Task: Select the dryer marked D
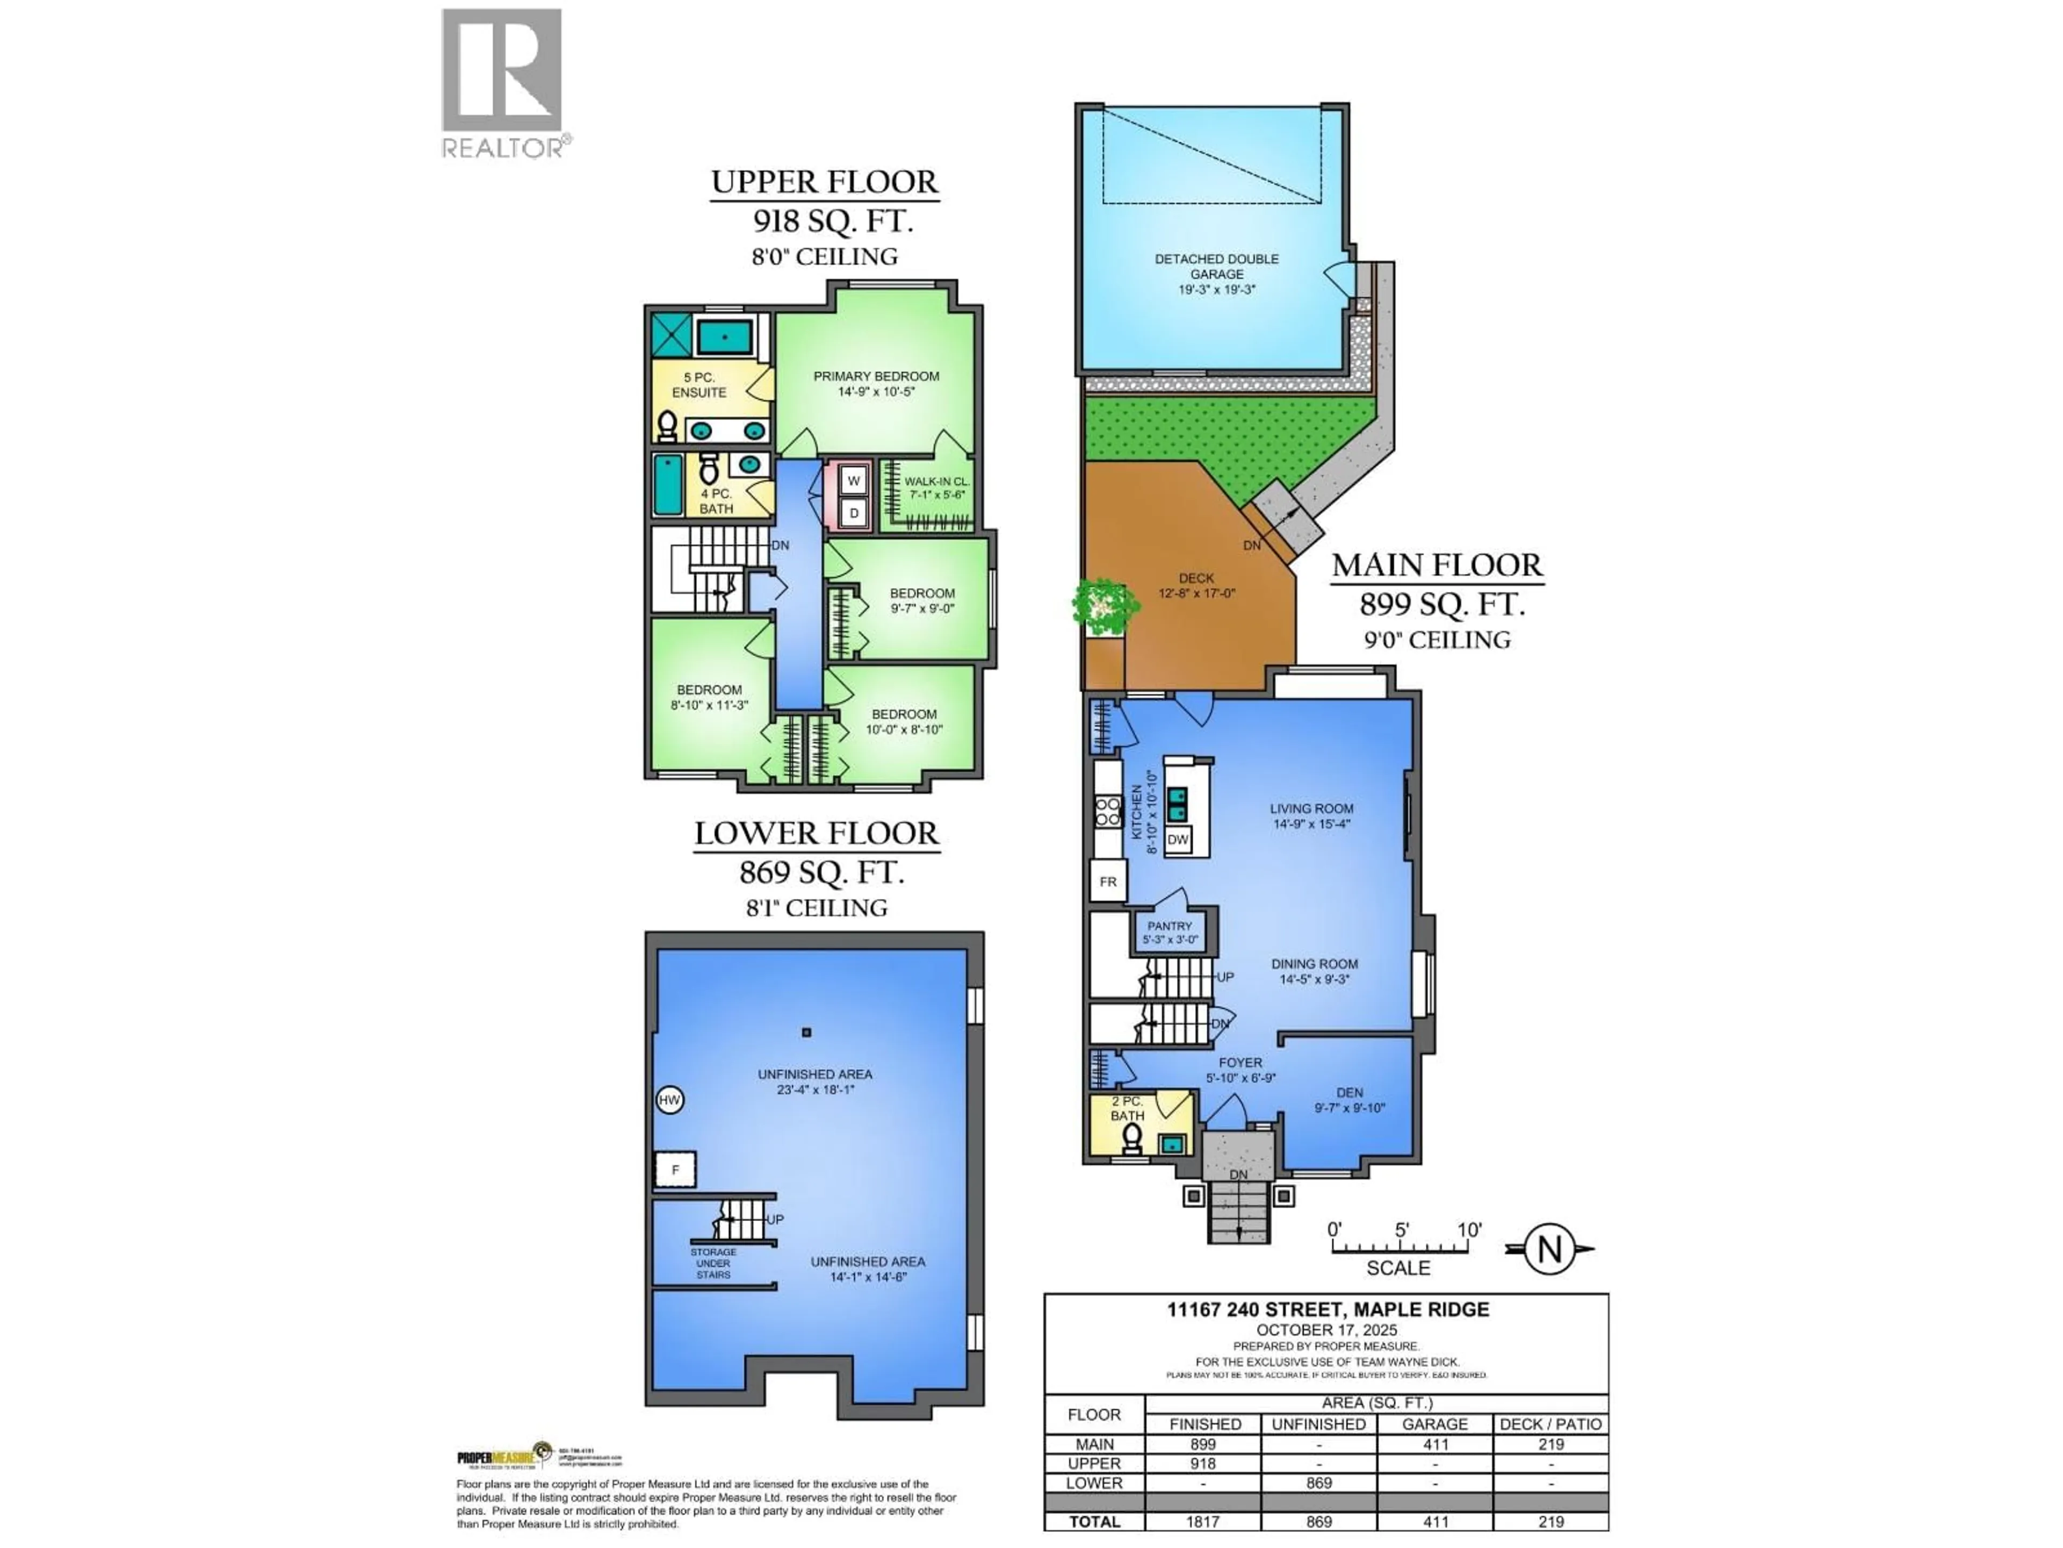pyautogui.click(x=853, y=512)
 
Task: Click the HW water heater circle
pyautogui.click(x=669, y=1100)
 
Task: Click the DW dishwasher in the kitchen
pyautogui.click(x=1178, y=839)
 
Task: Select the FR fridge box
pyautogui.click(x=1107, y=881)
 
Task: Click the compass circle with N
pyautogui.click(x=1549, y=1249)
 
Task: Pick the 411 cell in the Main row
pyautogui.click(x=1436, y=1444)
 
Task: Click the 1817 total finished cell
pyautogui.click(x=1202, y=1522)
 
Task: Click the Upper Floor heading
pyautogui.click(x=825, y=182)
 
